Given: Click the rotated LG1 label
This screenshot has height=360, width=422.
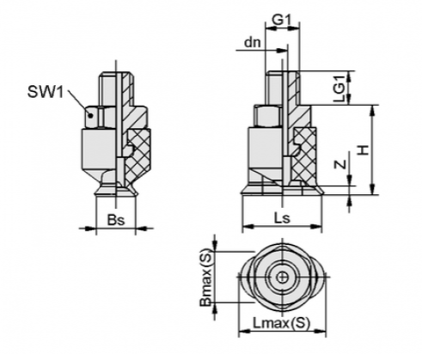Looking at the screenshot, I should click(341, 87).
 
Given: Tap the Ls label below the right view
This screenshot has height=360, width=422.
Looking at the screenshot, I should click(278, 219).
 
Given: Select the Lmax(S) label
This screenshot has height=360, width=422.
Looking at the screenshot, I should click(281, 323).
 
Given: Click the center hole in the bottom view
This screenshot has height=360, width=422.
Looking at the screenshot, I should click(283, 278).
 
